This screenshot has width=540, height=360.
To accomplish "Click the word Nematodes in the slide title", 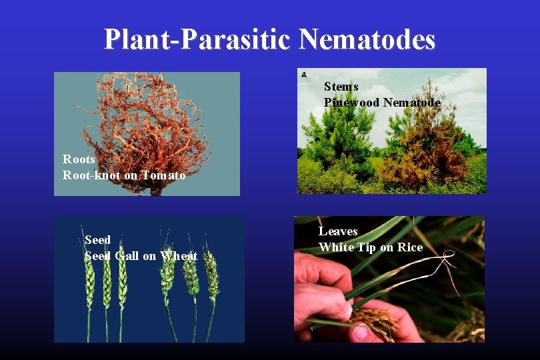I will click(367, 39).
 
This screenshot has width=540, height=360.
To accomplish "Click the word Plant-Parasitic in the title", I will click(197, 39).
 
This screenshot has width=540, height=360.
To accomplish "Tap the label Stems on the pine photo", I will click(341, 87).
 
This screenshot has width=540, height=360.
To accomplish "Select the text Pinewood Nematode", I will click(381, 103).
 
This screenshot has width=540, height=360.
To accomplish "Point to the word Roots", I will click(79, 159).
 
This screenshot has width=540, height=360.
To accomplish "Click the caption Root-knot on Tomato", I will click(124, 175).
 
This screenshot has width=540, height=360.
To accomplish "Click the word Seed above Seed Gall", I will click(97, 240).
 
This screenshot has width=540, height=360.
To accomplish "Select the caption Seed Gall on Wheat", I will click(141, 256).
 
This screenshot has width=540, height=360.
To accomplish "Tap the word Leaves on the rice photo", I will click(338, 231).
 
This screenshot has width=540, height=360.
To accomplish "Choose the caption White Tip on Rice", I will click(370, 247).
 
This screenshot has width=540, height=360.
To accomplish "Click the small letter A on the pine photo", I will click(304, 74).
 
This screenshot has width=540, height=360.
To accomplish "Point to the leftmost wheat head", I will click(89, 280).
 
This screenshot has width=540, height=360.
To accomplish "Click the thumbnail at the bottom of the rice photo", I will click(360, 331).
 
